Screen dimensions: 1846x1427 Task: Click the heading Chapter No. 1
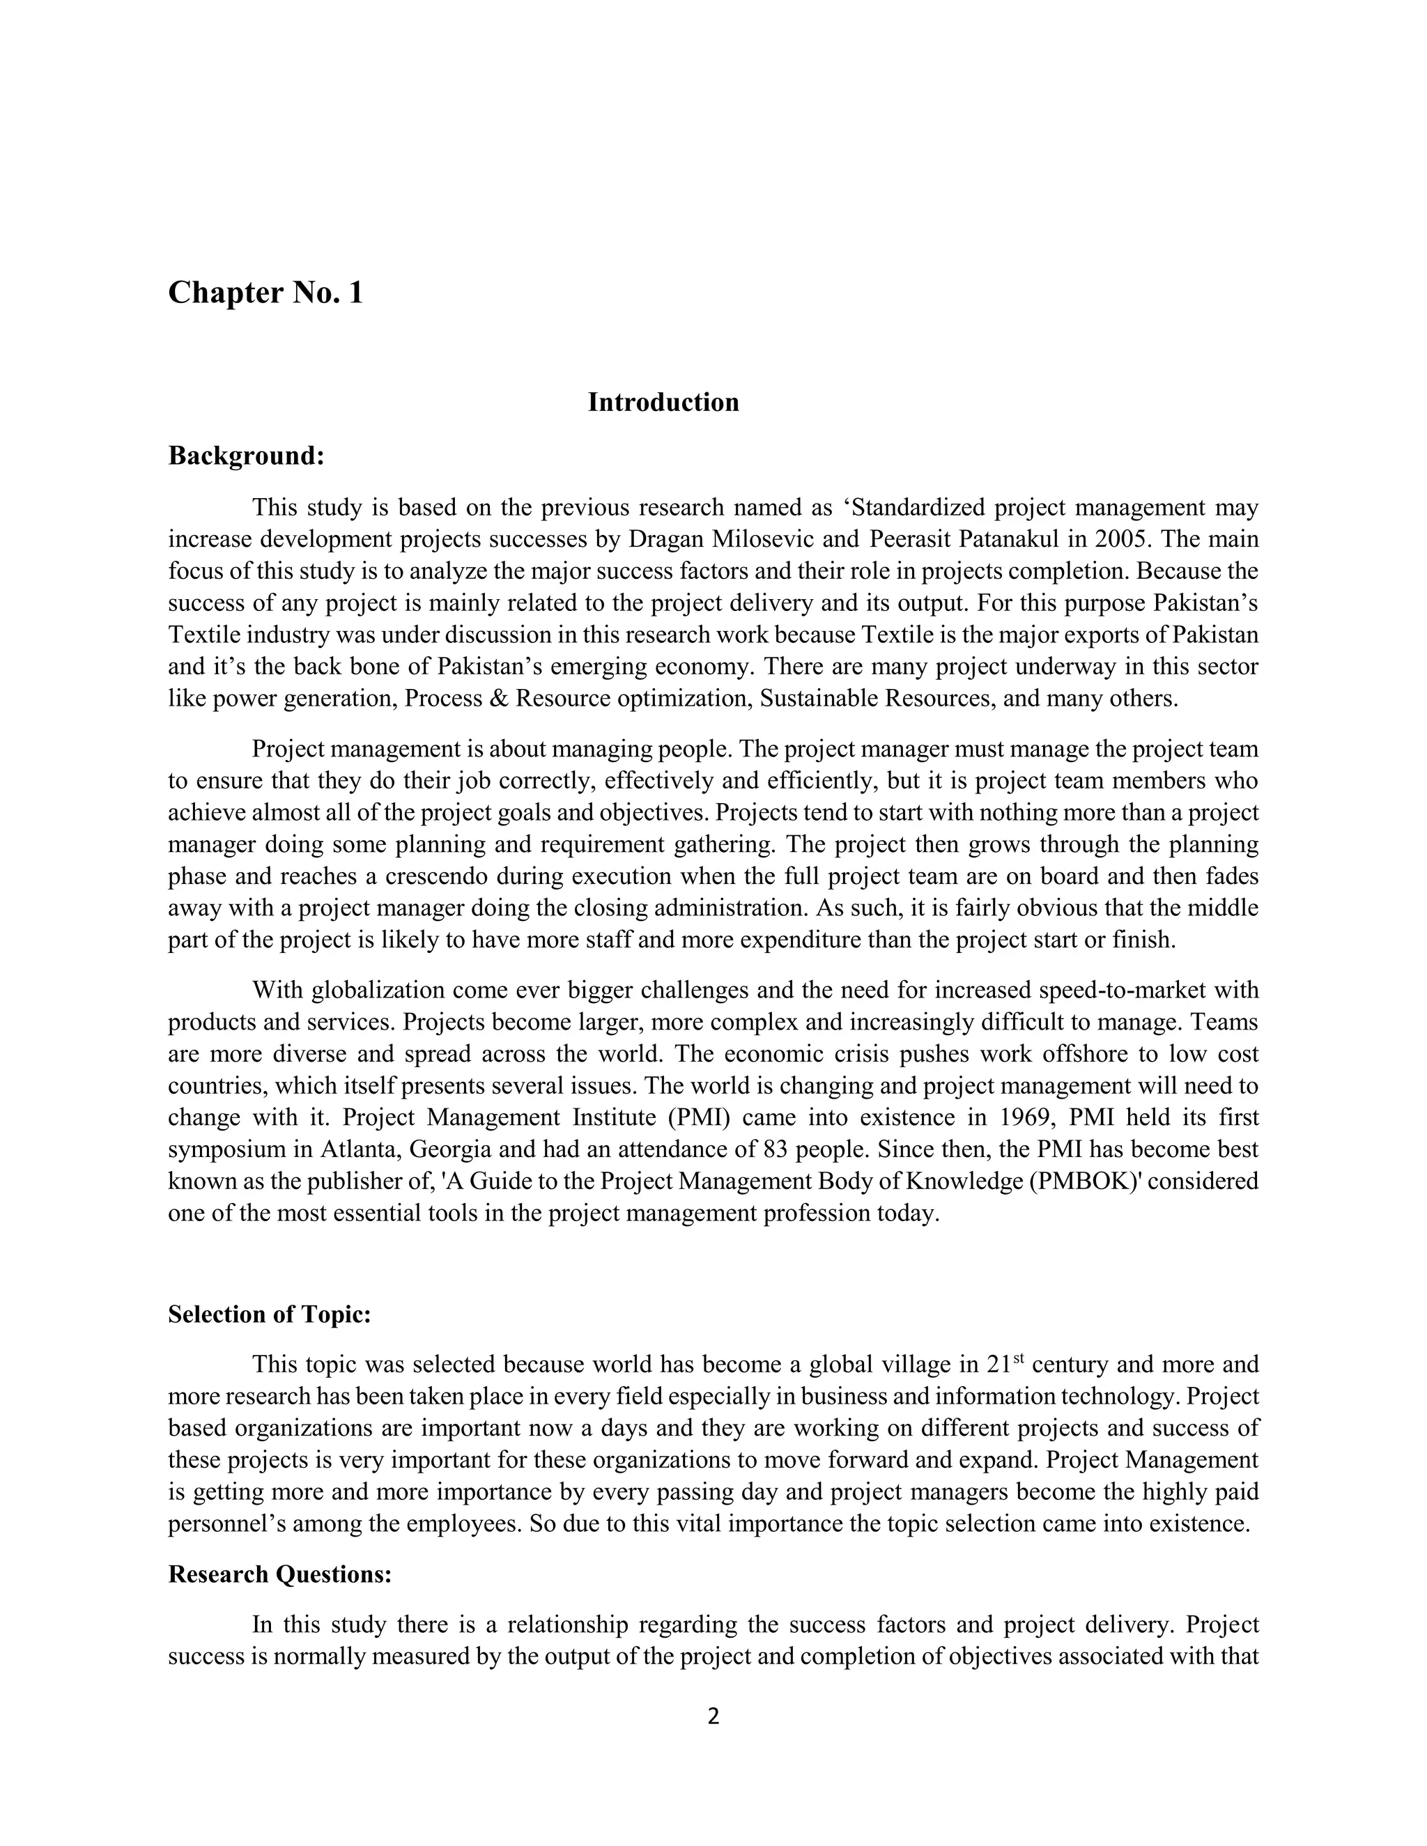pos(265,293)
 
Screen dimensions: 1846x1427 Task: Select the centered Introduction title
pos(663,403)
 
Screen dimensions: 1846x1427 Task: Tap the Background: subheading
pos(246,456)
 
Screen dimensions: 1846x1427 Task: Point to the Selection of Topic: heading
pos(270,1314)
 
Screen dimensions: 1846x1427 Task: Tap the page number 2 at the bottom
pos(713,1716)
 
